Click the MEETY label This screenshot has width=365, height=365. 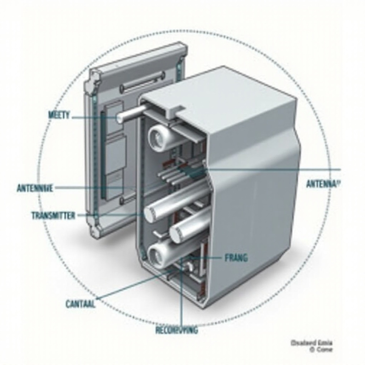coord(59,115)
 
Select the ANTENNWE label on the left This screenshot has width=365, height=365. coord(35,188)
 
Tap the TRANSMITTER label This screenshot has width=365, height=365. coord(53,215)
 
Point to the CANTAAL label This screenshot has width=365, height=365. coord(81,304)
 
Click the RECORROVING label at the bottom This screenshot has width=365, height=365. coord(176,330)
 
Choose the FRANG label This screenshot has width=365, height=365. coord(236,258)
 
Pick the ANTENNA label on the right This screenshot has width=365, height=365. coord(323,184)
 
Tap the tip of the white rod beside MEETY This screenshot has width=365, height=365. coord(120,118)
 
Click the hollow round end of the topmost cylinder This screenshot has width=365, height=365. coord(156,137)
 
